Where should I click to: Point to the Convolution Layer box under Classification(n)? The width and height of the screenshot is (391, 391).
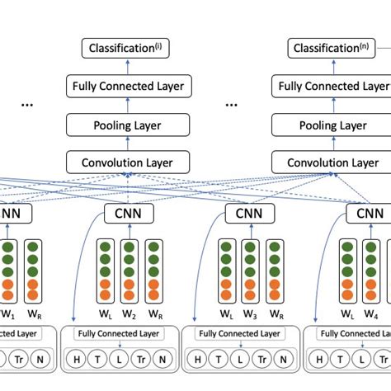[x=333, y=163]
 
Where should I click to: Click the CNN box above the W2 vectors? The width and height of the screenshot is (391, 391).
[x=128, y=214]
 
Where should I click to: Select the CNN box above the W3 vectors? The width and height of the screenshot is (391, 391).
[x=249, y=214]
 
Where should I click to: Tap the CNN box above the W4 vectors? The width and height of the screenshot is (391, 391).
[x=370, y=214]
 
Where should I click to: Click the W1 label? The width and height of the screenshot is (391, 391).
[x=8, y=314]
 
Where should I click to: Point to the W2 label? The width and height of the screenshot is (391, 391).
[x=128, y=314]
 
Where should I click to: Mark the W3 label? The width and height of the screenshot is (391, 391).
[x=250, y=314]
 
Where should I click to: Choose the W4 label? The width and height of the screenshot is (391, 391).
[x=371, y=314]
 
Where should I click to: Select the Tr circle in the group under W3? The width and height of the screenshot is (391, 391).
[x=263, y=359]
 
